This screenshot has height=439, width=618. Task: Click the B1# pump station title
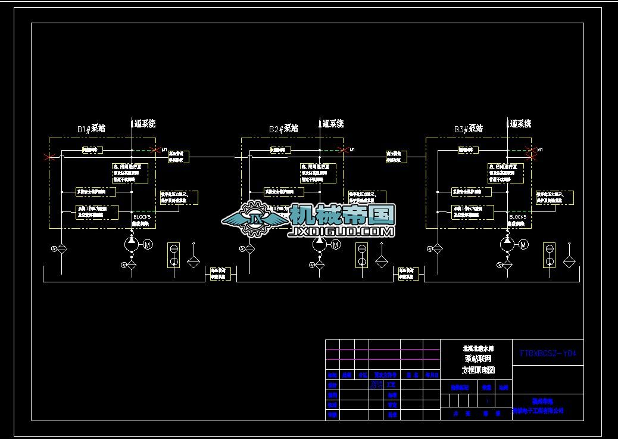tap(91, 129)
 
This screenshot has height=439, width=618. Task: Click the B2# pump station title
tap(283, 129)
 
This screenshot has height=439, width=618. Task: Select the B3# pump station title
tap(469, 129)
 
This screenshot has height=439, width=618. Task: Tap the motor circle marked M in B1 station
tap(146, 244)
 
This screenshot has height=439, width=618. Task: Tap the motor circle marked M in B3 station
tap(523, 244)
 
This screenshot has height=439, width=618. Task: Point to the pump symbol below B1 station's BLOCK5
tap(131, 243)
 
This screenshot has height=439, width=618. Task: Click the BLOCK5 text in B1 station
tap(142, 217)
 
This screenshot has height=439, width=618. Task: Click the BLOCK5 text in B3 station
tap(517, 217)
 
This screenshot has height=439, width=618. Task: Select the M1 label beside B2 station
tap(352, 149)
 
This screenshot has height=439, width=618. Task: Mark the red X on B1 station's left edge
tap(51, 157)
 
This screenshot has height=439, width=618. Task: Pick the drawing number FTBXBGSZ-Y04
tap(548, 353)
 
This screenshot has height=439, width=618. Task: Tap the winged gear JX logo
tap(255, 219)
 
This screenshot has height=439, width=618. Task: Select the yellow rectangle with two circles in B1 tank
tap(174, 256)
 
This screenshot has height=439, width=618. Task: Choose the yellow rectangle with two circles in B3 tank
tap(550, 256)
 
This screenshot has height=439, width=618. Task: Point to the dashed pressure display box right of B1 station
tap(179, 198)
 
